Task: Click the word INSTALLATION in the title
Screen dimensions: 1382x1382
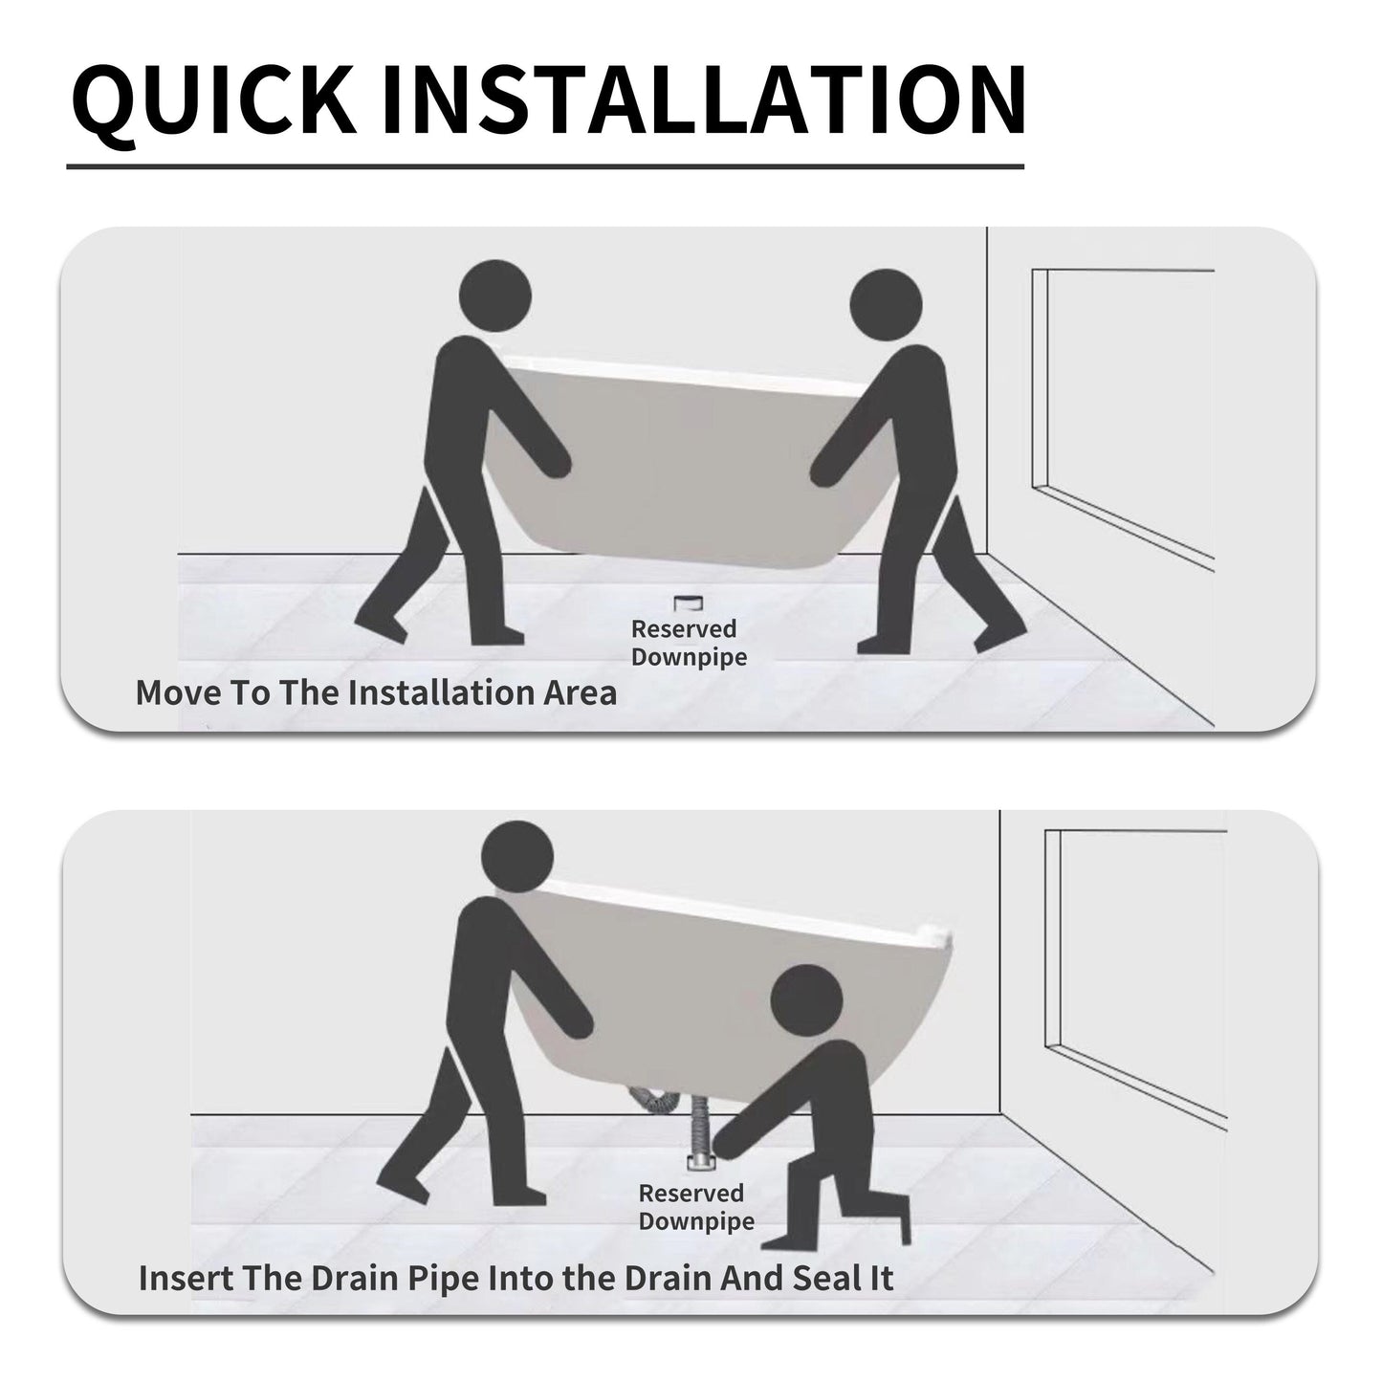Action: click(x=704, y=100)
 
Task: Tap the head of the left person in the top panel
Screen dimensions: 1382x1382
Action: click(x=494, y=296)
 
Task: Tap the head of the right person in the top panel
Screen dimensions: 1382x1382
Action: click(x=886, y=305)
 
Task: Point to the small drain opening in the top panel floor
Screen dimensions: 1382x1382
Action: click(x=689, y=603)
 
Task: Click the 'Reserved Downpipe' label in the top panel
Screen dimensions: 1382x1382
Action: click(x=689, y=643)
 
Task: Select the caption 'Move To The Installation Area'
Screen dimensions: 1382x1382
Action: click(x=376, y=692)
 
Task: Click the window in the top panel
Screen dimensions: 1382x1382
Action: click(x=1123, y=420)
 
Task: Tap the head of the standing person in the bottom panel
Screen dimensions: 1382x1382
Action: click(x=517, y=856)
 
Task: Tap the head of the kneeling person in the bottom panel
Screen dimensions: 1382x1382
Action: click(x=806, y=999)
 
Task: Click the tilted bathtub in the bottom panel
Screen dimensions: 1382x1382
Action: click(x=724, y=982)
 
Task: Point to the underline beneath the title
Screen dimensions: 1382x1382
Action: click(x=545, y=166)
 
